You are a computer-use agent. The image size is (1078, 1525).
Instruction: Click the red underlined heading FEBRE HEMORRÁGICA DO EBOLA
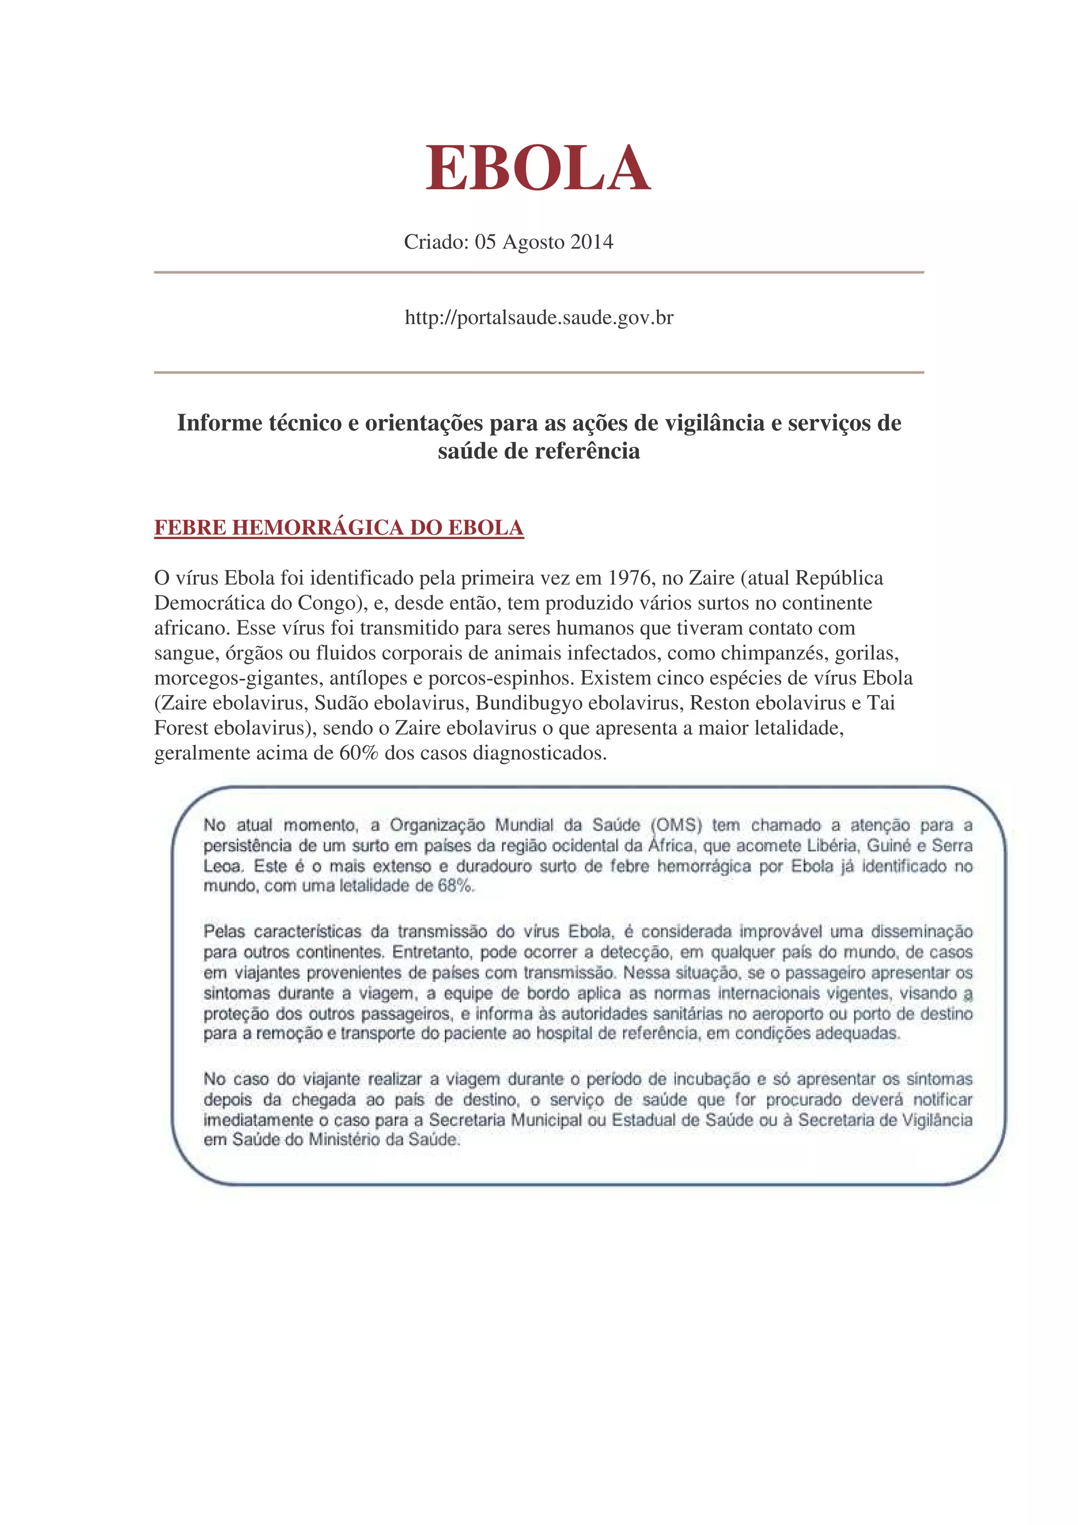[x=339, y=527]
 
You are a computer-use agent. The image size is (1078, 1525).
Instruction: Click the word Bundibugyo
[x=530, y=703]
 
